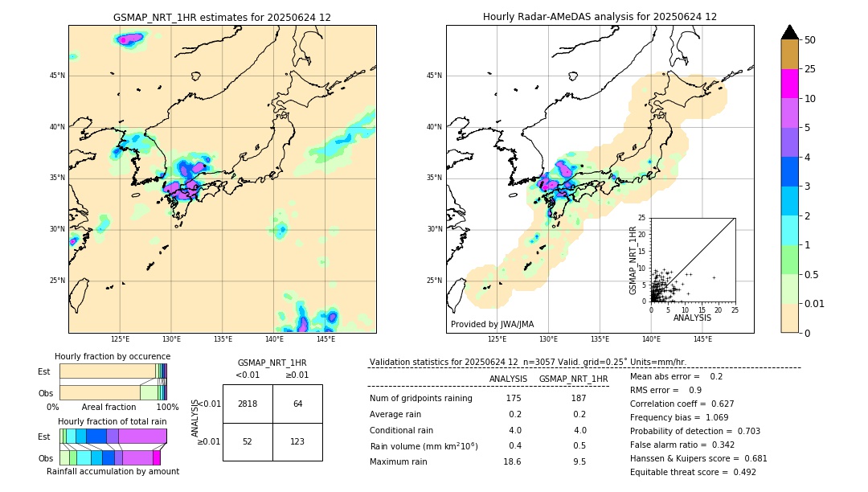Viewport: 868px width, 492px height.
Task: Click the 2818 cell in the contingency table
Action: (x=248, y=404)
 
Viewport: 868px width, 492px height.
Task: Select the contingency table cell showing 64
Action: (x=297, y=404)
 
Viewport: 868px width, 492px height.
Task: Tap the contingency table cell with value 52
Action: (x=248, y=441)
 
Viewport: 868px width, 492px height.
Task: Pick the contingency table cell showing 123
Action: (x=297, y=441)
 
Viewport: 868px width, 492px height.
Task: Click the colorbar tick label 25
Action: (x=810, y=69)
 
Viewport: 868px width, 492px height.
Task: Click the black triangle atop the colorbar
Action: (x=789, y=32)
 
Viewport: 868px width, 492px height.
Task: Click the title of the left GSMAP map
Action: (x=222, y=17)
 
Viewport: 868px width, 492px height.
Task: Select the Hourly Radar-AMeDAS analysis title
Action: (x=600, y=17)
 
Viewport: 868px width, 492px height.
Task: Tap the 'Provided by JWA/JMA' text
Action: (x=492, y=324)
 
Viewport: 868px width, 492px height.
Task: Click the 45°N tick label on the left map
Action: (x=57, y=76)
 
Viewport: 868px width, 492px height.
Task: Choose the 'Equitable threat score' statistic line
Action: (x=693, y=472)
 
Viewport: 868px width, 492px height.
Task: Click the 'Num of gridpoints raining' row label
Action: (x=420, y=398)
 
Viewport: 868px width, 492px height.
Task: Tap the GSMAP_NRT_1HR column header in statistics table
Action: (x=573, y=379)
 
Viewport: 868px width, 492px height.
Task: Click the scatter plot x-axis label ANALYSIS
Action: (x=692, y=318)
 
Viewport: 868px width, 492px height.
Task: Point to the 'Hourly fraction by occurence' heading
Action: (x=113, y=356)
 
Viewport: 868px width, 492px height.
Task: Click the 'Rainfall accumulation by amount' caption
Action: (x=113, y=471)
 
